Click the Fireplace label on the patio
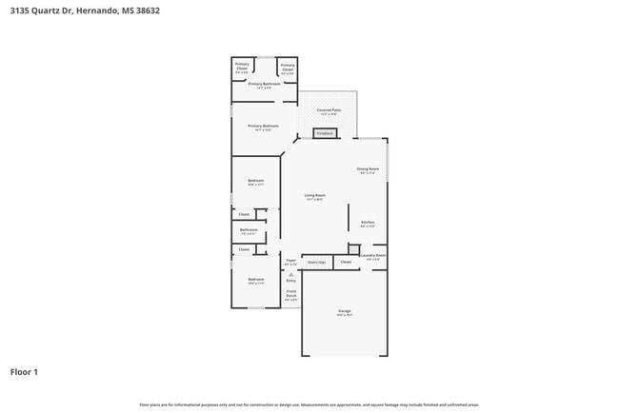[325, 134]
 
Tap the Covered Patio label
[329, 110]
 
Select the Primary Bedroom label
[264, 127]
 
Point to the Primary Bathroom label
[267, 84]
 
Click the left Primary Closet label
[242, 66]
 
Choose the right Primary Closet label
[288, 66]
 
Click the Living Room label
[314, 196]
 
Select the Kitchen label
[368, 224]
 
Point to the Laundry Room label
[373, 255]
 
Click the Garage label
[344, 311]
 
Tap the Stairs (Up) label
[317, 261]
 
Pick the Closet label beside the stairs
[346, 261]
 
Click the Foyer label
[290, 259]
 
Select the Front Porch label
[290, 294]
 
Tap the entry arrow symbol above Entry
[290, 272]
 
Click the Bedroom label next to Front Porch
[255, 279]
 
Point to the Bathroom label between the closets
[248, 229]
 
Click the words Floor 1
[24, 371]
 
